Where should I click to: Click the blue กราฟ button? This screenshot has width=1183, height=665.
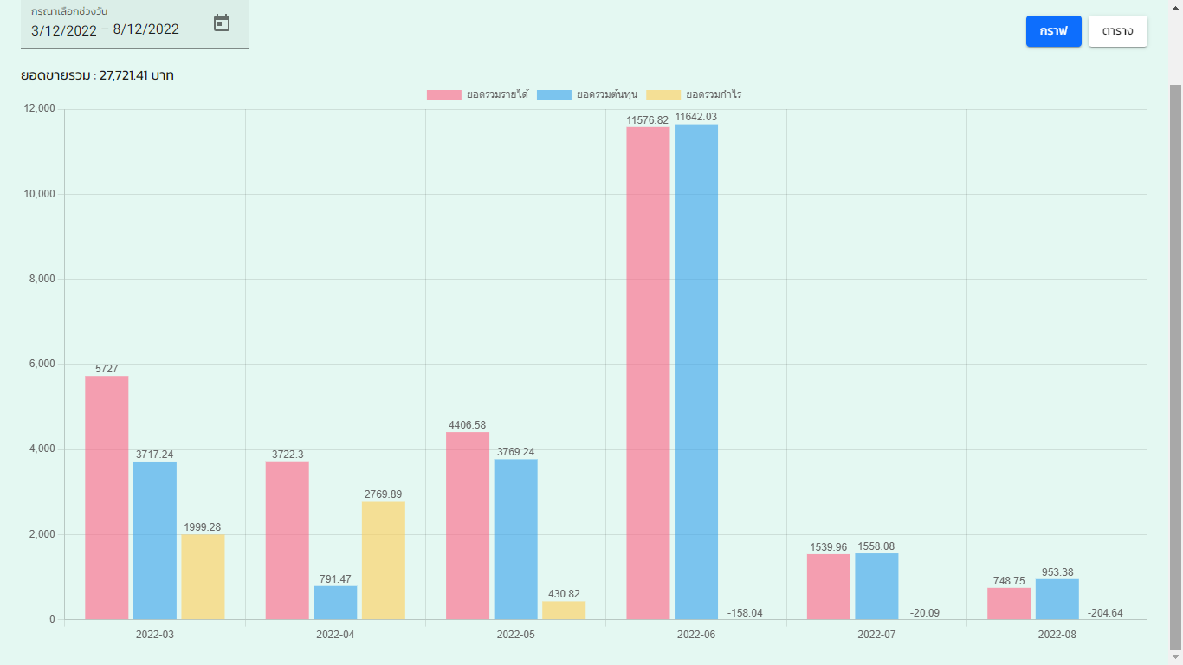click(1053, 31)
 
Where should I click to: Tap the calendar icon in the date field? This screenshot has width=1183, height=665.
click(222, 23)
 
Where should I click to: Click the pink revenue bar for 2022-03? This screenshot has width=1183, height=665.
click(107, 498)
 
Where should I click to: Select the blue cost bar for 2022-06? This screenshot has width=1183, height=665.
click(696, 372)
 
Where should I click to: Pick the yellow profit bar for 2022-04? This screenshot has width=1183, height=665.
click(383, 560)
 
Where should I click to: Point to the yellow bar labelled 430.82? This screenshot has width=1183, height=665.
click(564, 610)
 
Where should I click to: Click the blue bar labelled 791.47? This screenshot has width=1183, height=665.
click(335, 603)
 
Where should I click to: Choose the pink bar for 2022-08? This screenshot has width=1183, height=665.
click(1009, 604)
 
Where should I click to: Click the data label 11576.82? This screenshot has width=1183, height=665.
click(648, 120)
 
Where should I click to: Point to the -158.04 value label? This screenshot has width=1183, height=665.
click(745, 613)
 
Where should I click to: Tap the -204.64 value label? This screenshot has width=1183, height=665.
click(1106, 613)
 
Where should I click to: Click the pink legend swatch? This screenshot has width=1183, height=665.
click(443, 95)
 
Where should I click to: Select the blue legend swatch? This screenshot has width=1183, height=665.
click(554, 95)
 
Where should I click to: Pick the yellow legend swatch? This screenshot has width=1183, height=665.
click(663, 95)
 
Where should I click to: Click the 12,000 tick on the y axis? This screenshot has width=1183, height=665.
click(39, 109)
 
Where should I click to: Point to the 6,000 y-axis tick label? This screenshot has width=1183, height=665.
click(39, 365)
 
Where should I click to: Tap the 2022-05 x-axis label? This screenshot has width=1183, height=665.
click(515, 635)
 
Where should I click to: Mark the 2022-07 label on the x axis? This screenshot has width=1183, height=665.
click(876, 635)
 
